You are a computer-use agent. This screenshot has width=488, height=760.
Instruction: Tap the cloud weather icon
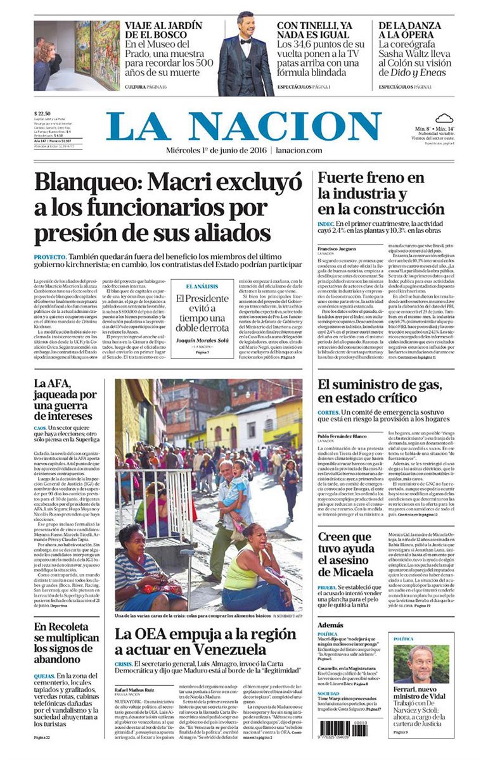click(444, 118)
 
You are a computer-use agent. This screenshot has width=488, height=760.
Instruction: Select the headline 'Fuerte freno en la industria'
click(380, 193)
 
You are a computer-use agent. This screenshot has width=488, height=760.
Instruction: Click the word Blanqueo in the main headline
click(87, 182)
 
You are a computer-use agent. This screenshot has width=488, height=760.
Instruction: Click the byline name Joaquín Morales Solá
click(202, 340)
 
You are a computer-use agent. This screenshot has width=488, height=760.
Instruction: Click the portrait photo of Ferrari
click(421, 664)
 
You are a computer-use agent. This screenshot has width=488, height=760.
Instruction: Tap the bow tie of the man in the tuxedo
click(245, 41)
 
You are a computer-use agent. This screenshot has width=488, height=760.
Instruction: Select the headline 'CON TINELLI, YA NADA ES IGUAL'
click(314, 31)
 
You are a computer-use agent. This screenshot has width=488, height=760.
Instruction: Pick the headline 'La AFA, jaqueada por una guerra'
click(65, 399)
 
